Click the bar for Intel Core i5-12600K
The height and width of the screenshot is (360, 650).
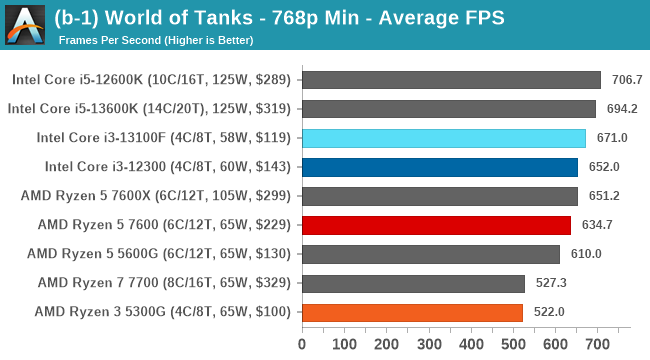pyautogui.click(x=450, y=80)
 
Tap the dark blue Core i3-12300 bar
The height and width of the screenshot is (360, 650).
pyautogui.click(x=439, y=167)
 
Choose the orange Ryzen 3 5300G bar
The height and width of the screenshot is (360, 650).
pyautogui.click(x=411, y=312)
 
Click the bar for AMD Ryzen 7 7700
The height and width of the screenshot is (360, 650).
pyautogui.click(x=412, y=283)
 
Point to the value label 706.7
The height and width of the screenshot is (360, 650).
pyautogui.click(x=626, y=80)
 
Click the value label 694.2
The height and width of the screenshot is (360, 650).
pyautogui.click(x=621, y=109)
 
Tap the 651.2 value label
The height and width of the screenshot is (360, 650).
pyautogui.click(x=603, y=196)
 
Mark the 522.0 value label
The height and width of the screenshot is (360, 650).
pyautogui.click(x=548, y=312)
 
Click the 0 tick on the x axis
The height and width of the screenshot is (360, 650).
pyautogui.click(x=302, y=345)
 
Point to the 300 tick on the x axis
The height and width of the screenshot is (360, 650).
pyautogui.click(x=428, y=345)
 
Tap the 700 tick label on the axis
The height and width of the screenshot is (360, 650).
pyautogui.click(x=596, y=345)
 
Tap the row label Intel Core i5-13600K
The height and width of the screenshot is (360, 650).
pyautogui.click(x=149, y=109)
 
